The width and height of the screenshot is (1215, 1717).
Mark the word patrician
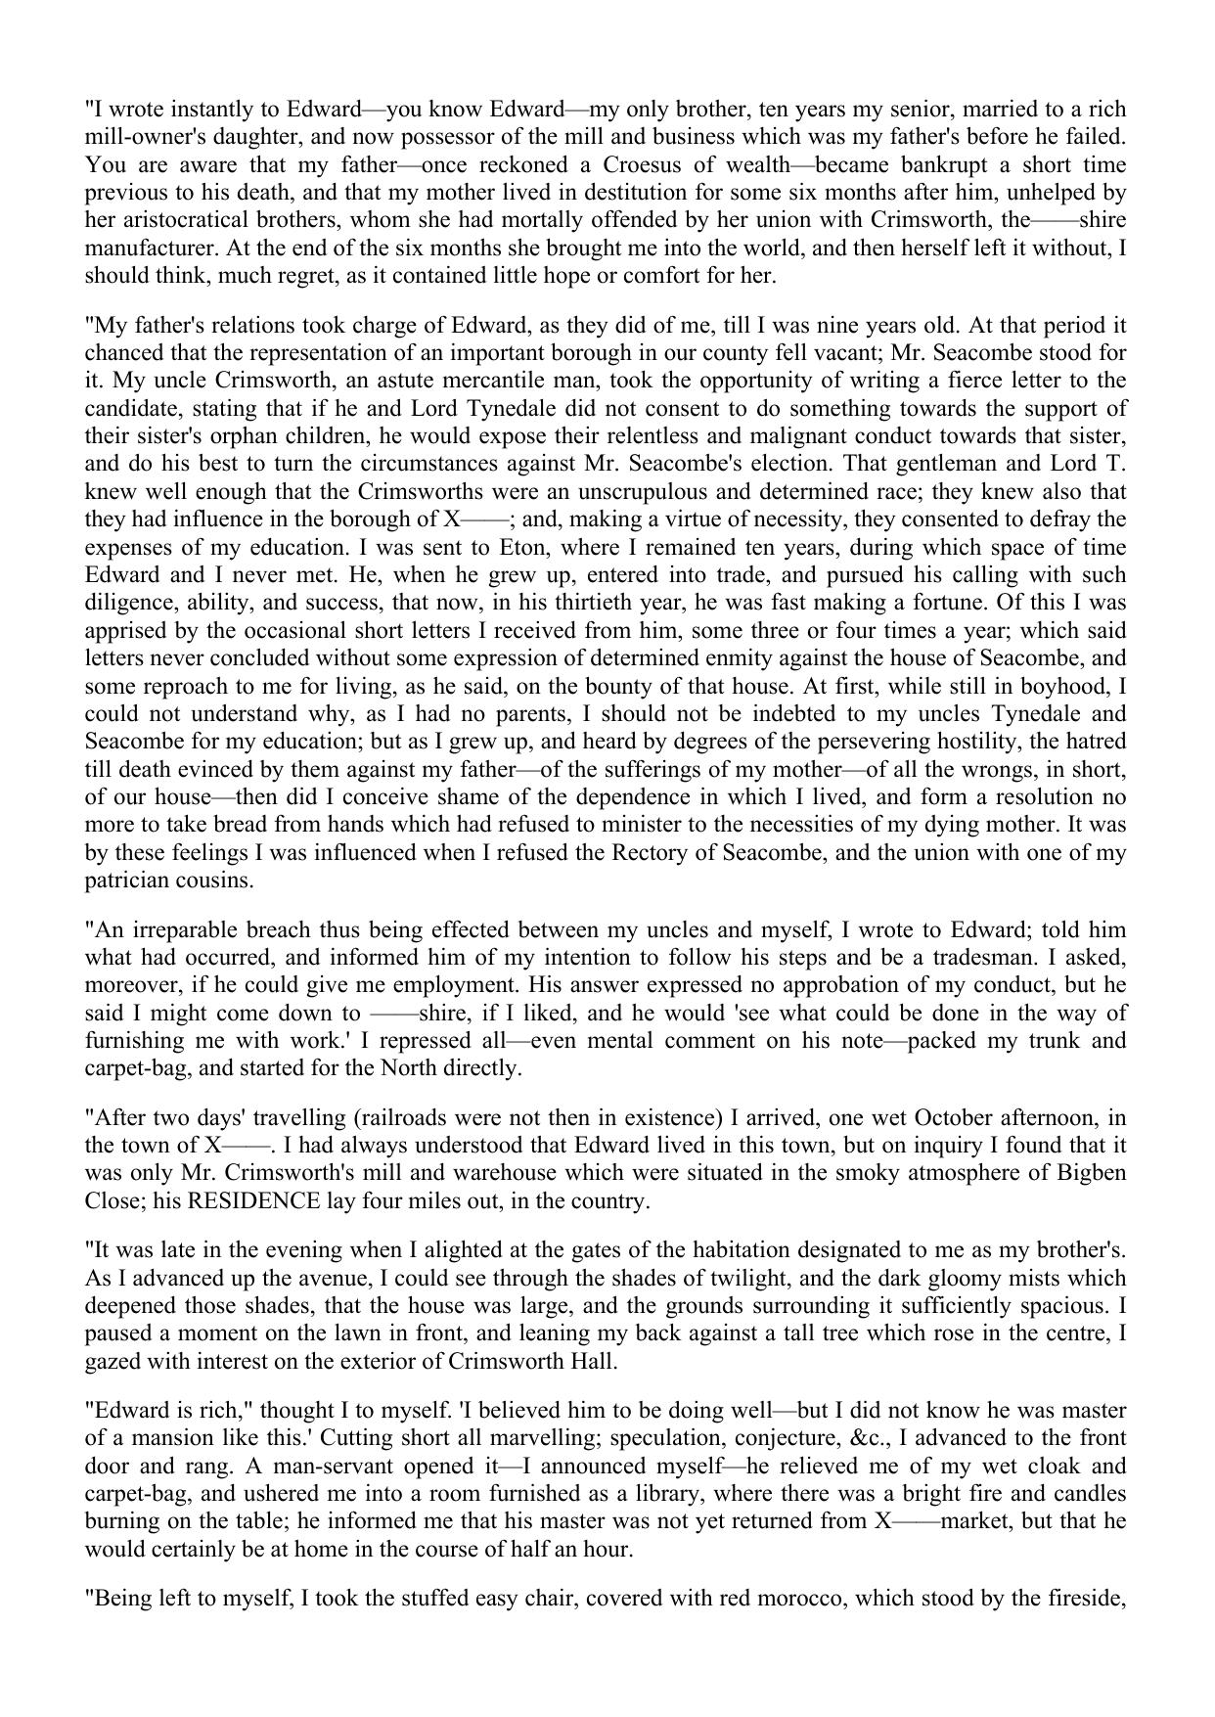point(128,881)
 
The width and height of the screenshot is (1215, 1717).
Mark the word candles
point(1089,1494)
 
